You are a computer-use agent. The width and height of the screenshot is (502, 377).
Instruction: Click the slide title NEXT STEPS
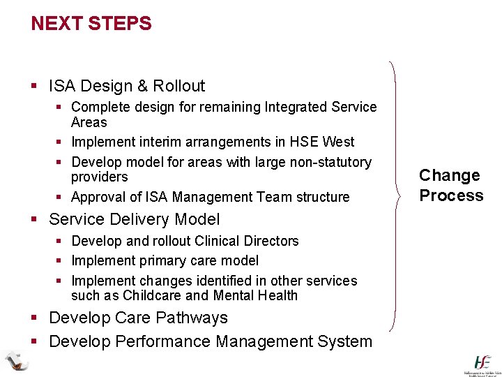91,24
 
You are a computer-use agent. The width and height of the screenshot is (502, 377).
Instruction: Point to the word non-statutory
329,162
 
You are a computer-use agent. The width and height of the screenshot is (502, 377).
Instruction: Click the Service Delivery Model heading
134,219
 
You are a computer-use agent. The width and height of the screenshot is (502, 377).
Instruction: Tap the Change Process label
451,185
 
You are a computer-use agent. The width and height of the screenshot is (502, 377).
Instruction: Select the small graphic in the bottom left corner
15,360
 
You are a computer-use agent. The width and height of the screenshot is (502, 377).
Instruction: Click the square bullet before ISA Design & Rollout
35,87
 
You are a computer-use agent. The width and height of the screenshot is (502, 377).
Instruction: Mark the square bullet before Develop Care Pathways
35,318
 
